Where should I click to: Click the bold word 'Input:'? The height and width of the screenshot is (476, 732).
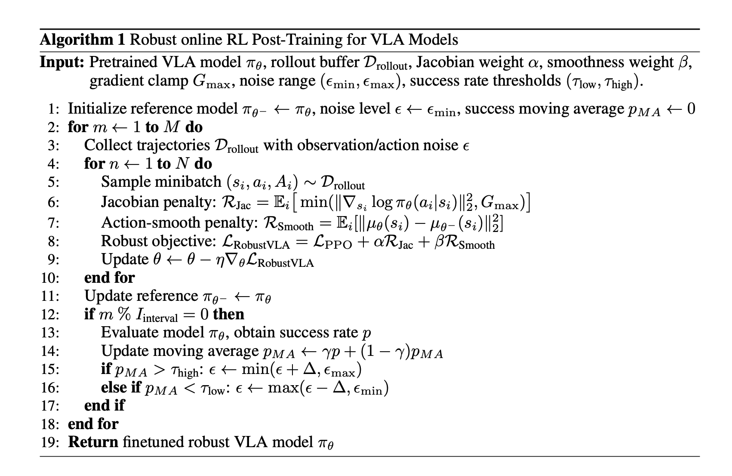coord(62,62)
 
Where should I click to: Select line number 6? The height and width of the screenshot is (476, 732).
coord(54,202)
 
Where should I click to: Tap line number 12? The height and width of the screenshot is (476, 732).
coord(51,315)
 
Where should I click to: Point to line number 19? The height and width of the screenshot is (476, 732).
coord(51,442)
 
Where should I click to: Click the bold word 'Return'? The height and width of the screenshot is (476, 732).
coord(93,442)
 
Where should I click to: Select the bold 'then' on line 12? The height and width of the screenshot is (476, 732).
coord(228,314)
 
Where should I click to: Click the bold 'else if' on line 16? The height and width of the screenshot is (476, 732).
coord(121,388)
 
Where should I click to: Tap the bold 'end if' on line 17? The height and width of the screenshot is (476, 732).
coord(105,405)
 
